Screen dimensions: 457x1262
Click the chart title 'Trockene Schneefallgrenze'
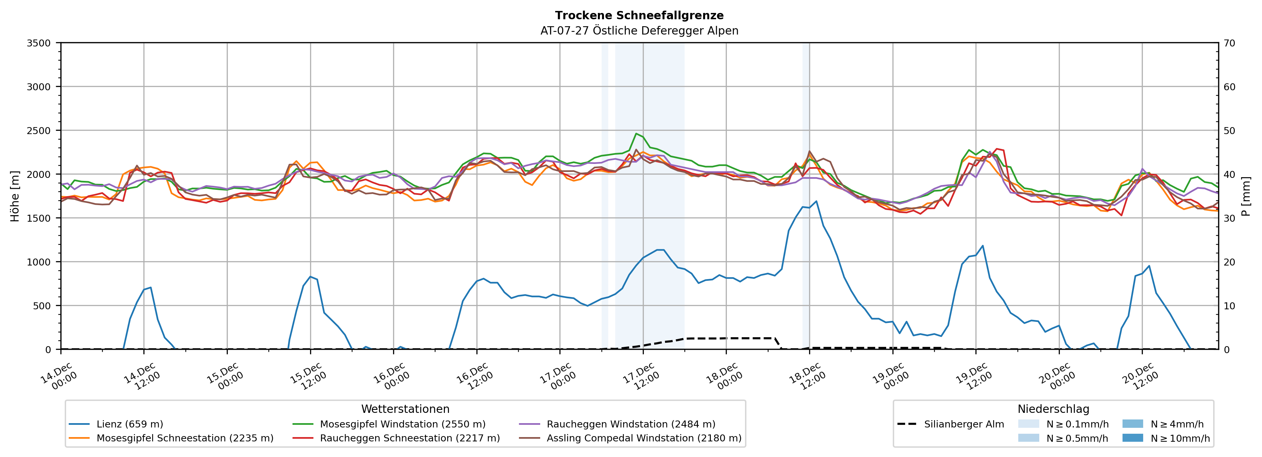pos(639,16)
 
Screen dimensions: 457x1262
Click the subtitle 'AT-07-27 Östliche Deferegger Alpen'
pos(639,31)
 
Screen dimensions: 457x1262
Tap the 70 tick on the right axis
pos(1229,43)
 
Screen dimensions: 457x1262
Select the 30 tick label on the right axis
pos(1229,218)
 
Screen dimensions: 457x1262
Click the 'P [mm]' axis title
pos(1246,196)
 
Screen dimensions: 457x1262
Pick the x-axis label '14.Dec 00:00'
pos(59,376)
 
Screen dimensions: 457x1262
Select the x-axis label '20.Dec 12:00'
pos(1140,376)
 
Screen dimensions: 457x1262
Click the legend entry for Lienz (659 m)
pos(129,424)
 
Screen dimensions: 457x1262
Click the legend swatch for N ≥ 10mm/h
pos(1133,438)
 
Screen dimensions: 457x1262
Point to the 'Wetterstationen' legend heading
pos(405,409)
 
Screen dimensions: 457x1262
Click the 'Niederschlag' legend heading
pos(1053,409)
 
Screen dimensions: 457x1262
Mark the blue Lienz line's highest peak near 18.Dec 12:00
pos(816,201)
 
